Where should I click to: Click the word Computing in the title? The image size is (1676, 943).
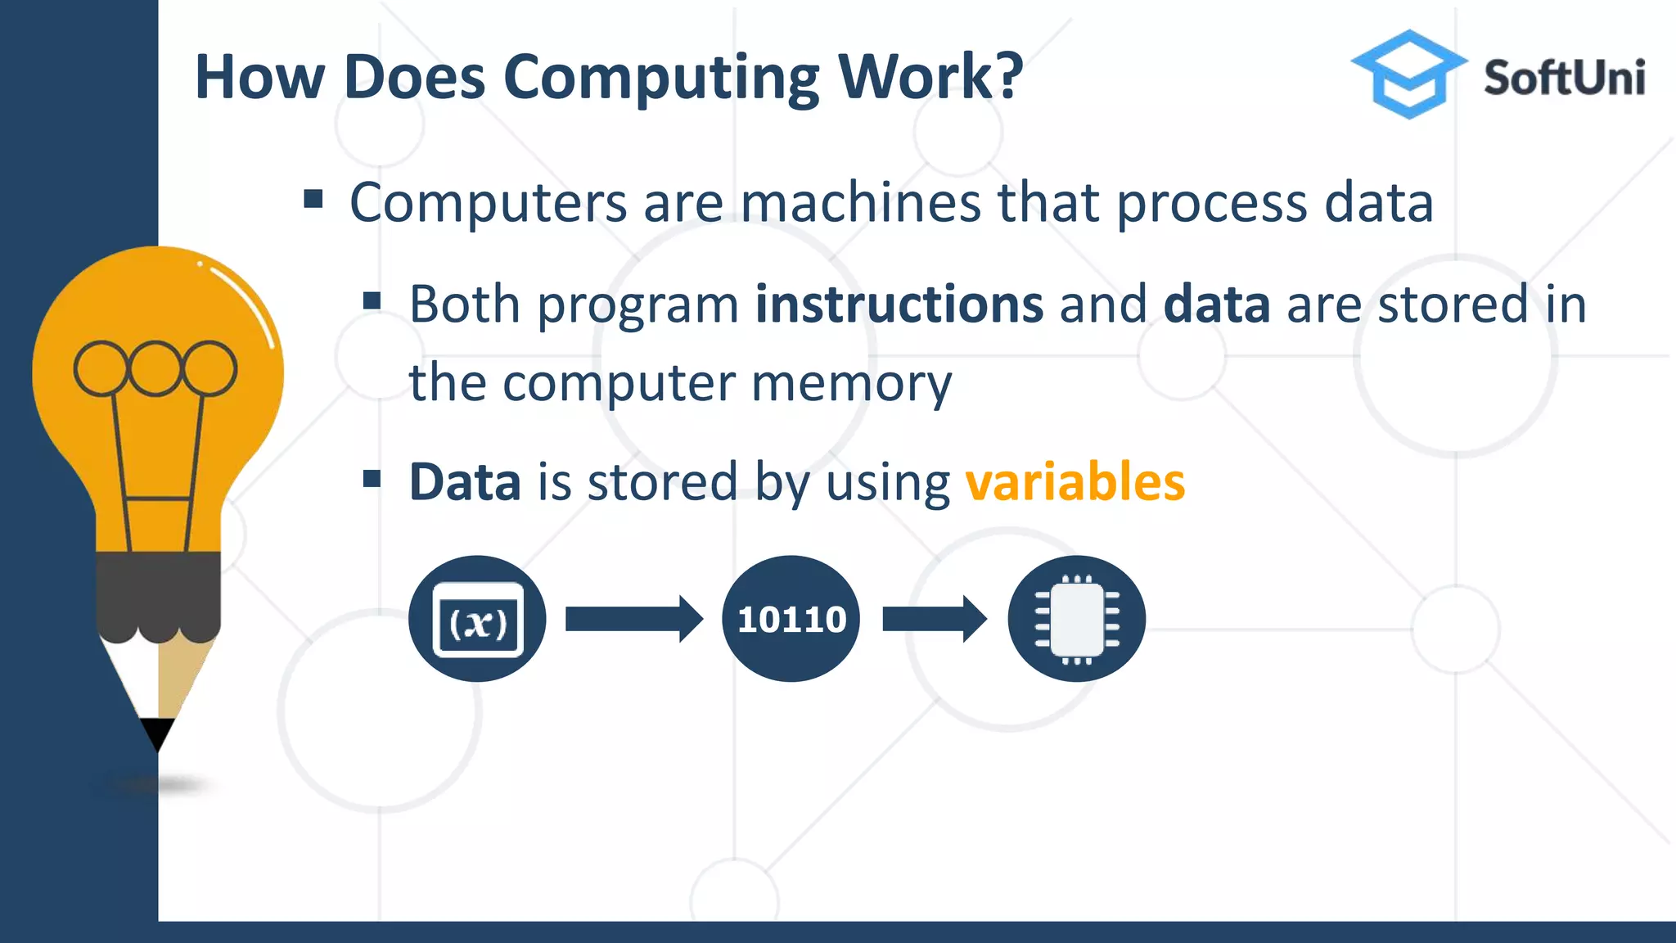pos(661,79)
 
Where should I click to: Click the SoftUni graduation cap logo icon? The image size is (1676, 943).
pos(1408,74)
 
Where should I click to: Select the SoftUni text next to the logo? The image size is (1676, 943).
pos(1564,79)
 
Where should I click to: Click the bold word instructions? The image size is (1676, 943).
pos(899,305)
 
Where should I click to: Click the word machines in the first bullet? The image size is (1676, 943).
pos(859,202)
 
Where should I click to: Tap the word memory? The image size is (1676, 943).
pos(851,383)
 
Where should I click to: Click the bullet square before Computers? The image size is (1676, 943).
pos(313,199)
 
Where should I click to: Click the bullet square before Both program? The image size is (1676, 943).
pos(372,300)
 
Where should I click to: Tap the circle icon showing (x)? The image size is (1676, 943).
pos(477,619)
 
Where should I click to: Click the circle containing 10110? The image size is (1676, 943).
pos(791,619)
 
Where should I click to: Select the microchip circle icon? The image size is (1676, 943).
pos(1076,619)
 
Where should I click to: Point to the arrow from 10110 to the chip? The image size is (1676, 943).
pos(934,619)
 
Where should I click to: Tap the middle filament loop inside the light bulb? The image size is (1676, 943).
pos(155,368)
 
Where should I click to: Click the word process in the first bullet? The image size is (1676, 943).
pos(1211,202)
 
